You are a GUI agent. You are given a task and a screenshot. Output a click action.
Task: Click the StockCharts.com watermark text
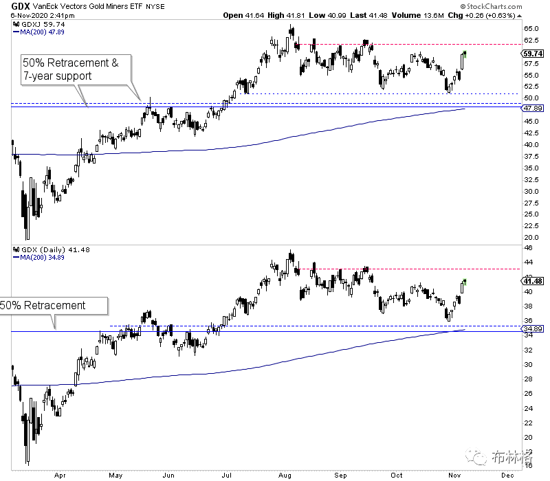coord(492,6)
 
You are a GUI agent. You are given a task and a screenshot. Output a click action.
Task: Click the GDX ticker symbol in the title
coord(21,6)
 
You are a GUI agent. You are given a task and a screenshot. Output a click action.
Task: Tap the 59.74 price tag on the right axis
coord(533,54)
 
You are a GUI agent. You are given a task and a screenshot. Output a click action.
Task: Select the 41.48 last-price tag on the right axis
coord(533,281)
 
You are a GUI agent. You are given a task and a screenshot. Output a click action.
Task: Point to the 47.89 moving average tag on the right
coord(533,109)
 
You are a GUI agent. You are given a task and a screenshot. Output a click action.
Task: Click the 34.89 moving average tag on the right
coord(533,329)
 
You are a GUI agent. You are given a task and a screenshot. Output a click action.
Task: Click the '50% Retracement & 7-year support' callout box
coord(76,69)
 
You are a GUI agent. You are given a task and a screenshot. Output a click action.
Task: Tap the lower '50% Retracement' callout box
coord(54,306)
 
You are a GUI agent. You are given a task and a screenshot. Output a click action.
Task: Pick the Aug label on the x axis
coord(285,476)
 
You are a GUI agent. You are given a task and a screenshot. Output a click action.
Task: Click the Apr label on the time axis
coord(60,476)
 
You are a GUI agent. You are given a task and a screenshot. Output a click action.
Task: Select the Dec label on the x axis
coord(507,476)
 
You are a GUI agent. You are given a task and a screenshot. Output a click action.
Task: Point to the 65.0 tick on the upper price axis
coord(531,29)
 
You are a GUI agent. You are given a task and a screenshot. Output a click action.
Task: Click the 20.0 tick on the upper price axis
coord(531,237)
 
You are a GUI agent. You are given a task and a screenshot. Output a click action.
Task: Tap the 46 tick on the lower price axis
coord(528,248)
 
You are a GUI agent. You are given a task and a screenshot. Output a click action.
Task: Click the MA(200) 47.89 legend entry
coord(39,32)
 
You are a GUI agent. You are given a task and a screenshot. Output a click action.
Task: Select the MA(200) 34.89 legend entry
coord(39,257)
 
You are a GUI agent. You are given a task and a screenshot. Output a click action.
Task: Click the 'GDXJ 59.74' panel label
coord(39,24)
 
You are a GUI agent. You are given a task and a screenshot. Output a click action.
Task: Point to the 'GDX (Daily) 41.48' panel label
coord(52,249)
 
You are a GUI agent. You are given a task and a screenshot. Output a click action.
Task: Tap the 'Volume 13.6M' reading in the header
coord(418,15)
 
